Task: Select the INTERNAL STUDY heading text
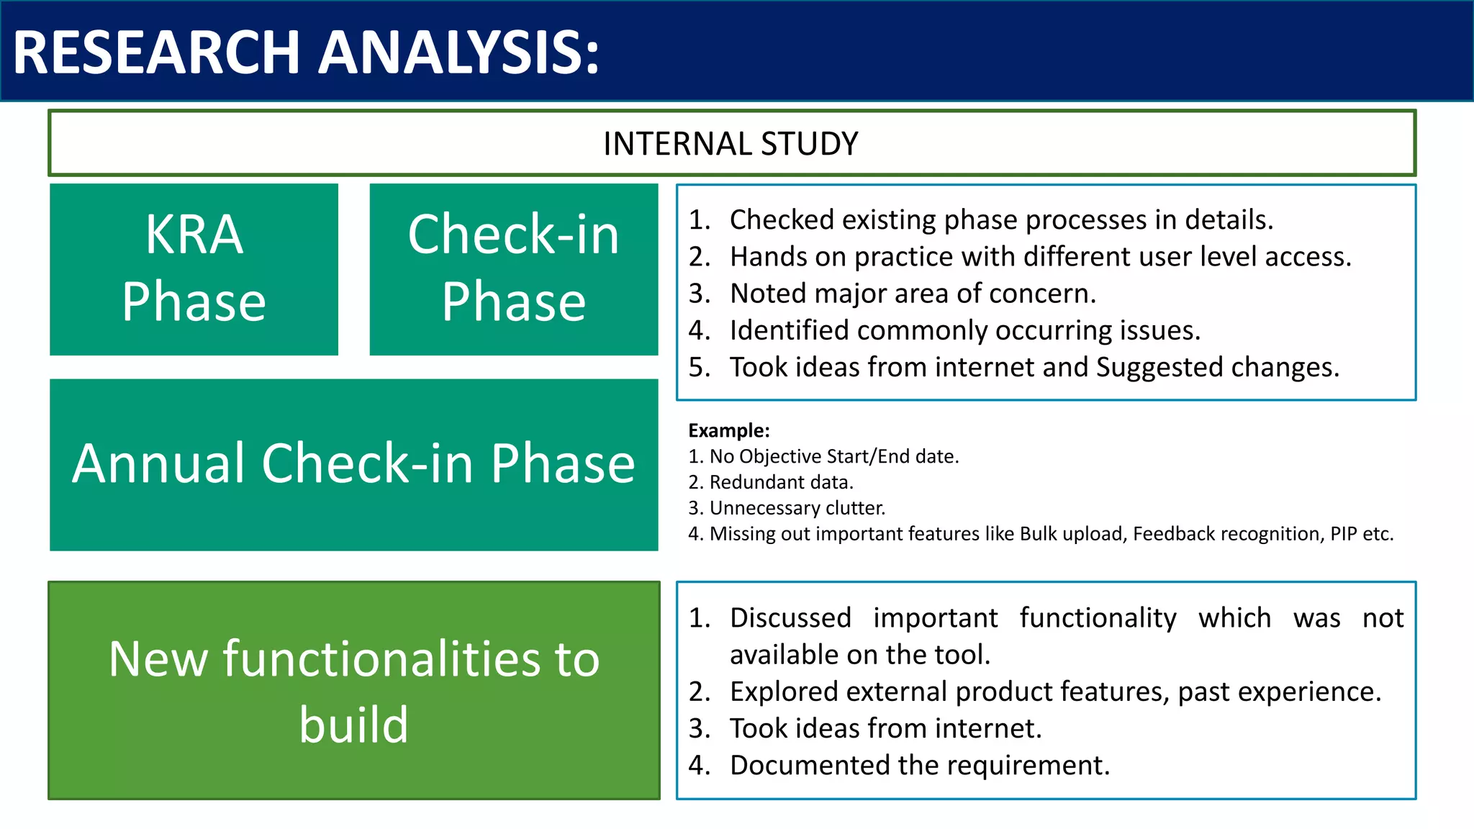[731, 144]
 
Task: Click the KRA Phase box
[194, 268]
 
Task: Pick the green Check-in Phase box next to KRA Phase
[513, 268]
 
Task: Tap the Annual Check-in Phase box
[353, 464]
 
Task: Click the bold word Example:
[728, 430]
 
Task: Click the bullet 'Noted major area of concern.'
[913, 294]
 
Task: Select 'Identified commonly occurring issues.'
[964, 330]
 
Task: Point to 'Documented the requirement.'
[919, 765]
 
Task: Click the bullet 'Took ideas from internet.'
[885, 728]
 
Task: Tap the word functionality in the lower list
[1098, 618]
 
